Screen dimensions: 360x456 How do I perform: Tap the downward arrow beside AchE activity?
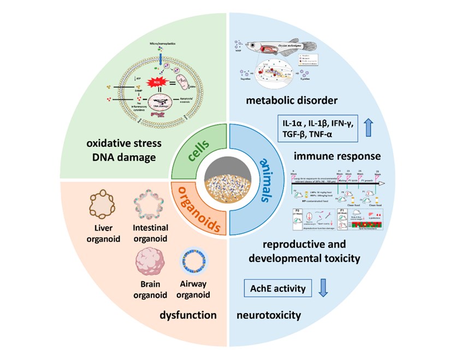coord(323,287)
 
